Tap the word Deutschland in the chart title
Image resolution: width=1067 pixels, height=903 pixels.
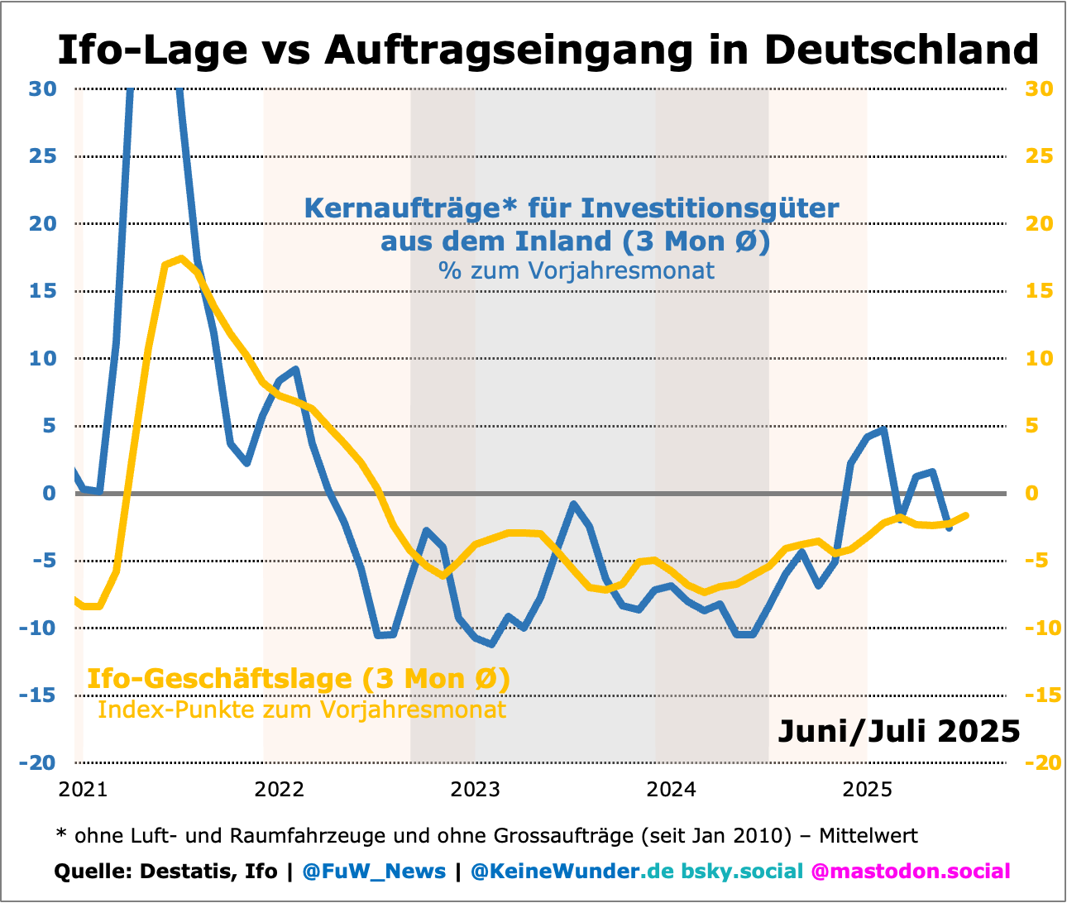[901, 50]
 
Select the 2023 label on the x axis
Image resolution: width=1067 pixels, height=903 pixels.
[475, 790]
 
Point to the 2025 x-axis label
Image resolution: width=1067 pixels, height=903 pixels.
[867, 790]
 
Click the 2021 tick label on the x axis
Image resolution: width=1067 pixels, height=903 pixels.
[83, 790]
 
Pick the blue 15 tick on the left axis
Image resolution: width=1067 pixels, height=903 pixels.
[43, 291]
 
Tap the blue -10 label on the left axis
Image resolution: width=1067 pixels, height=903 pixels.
[38, 628]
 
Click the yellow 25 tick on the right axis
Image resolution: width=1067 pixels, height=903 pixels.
[1039, 156]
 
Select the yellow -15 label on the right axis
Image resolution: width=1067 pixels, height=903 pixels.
[1042, 695]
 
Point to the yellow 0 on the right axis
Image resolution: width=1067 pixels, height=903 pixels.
[1031, 494]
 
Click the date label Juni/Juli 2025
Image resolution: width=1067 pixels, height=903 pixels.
[899, 731]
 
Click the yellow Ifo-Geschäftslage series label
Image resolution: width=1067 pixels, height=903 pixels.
[298, 679]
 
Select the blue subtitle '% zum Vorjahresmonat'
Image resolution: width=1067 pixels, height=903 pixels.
[576, 270]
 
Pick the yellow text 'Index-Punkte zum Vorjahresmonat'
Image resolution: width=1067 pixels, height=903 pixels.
[301, 710]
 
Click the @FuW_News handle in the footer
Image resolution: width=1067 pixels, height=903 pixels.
[374, 872]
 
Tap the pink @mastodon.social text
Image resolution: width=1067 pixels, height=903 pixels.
[911, 872]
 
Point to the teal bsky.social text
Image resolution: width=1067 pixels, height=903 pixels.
[742, 872]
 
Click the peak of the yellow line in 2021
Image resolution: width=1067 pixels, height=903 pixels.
[180, 260]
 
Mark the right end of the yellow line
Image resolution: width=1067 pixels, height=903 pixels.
[965, 516]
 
